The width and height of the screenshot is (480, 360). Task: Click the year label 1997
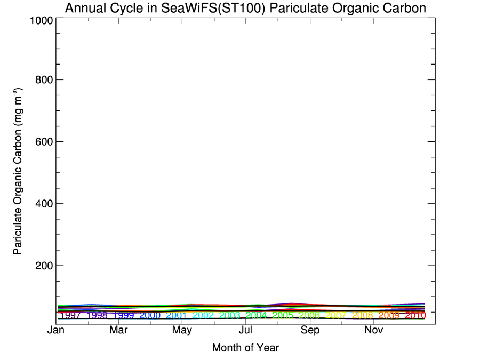tap(70, 315)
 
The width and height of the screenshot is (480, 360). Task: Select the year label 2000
tap(150, 315)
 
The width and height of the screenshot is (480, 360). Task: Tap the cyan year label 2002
tap(203, 315)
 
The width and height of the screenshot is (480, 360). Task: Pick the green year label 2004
tap(256, 315)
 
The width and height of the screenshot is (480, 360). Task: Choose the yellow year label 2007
tap(336, 315)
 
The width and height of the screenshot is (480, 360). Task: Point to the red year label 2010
tap(415, 315)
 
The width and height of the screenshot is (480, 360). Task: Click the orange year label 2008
tap(363, 315)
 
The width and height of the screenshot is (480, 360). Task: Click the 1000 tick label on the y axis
tap(38, 20)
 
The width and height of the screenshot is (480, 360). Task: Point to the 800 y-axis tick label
tap(42, 80)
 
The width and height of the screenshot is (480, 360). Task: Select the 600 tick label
tap(42, 142)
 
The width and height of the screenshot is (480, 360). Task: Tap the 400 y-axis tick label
tap(42, 204)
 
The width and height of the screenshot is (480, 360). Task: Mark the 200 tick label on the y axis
tap(42, 266)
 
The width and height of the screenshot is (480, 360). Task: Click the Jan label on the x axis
tap(56, 331)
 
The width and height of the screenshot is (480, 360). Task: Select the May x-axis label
tap(182, 331)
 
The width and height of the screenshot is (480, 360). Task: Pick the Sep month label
tap(310, 331)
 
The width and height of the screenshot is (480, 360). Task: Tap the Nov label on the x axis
tap(374, 331)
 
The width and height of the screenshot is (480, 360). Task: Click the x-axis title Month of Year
tap(245, 348)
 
